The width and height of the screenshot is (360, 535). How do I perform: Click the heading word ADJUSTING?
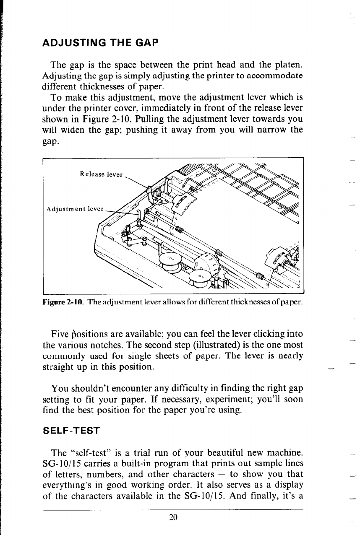pyautogui.click(x=71, y=43)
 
